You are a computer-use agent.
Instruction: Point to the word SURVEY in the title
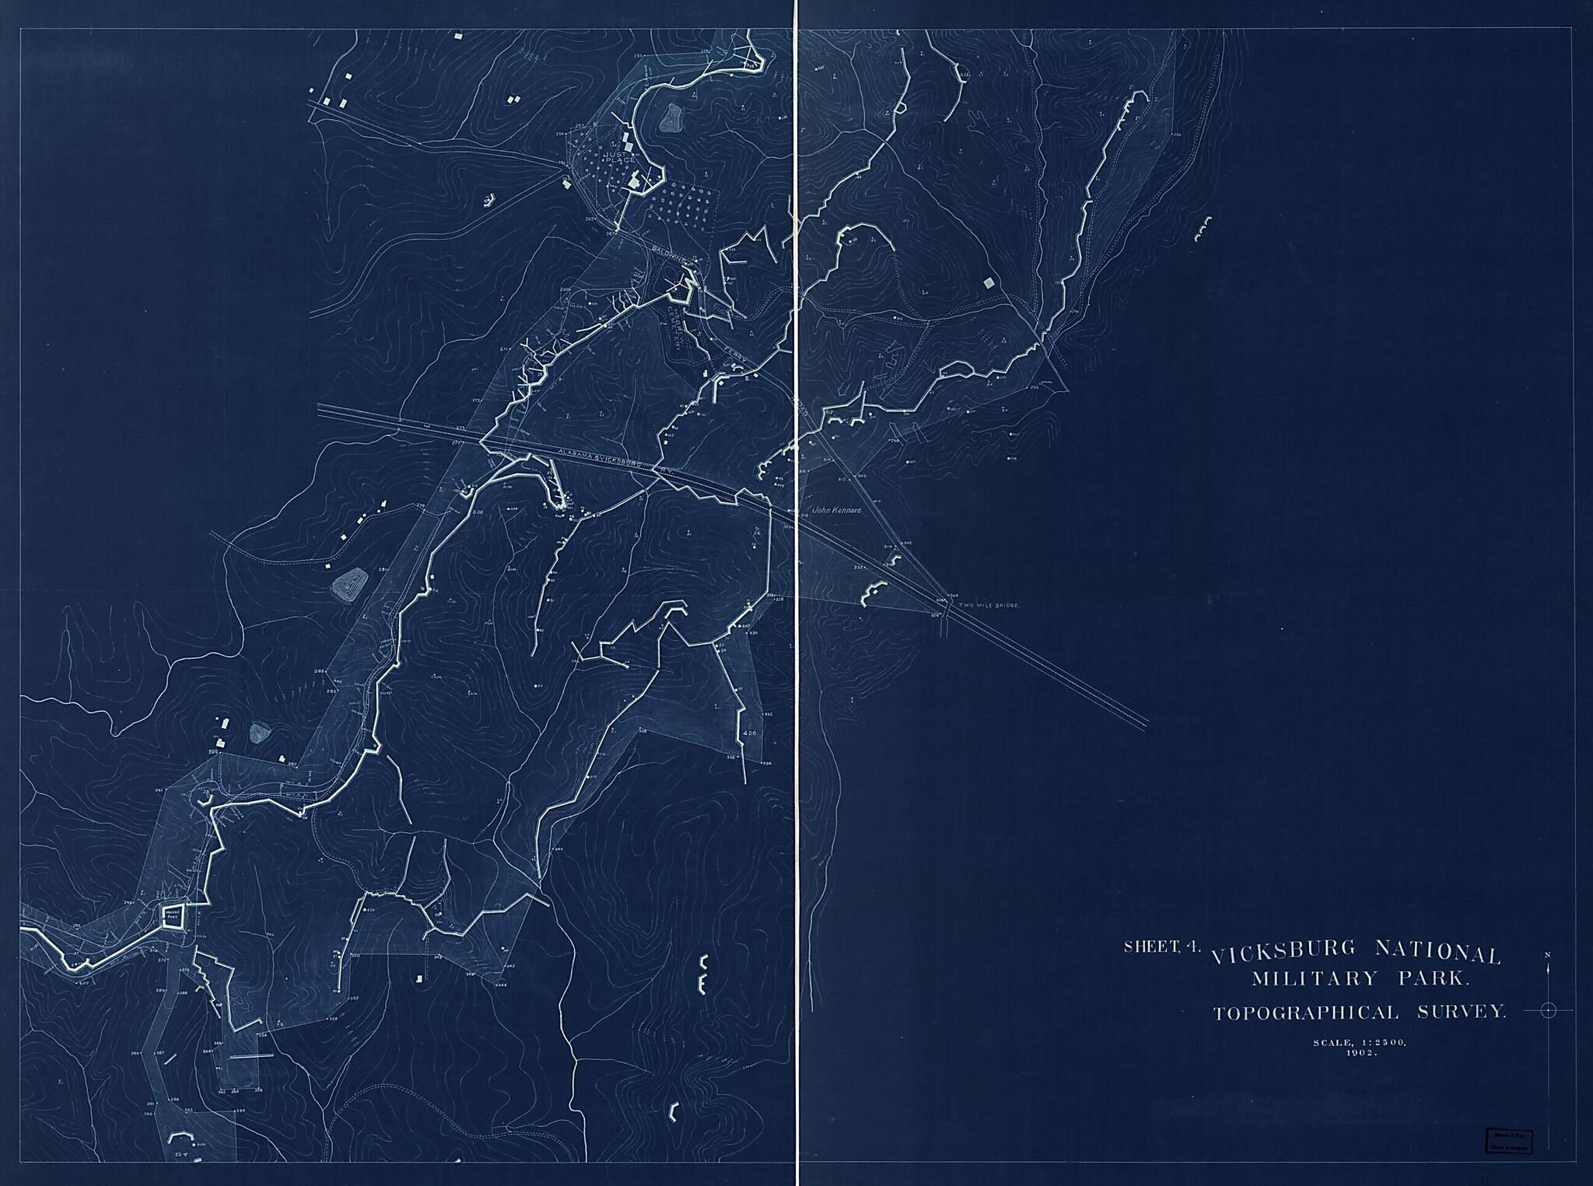click(x=1462, y=1012)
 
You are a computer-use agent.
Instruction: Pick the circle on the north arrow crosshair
click(x=1548, y=1010)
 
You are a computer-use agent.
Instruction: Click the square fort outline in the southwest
click(x=173, y=915)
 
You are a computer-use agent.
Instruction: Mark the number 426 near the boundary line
click(x=750, y=733)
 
